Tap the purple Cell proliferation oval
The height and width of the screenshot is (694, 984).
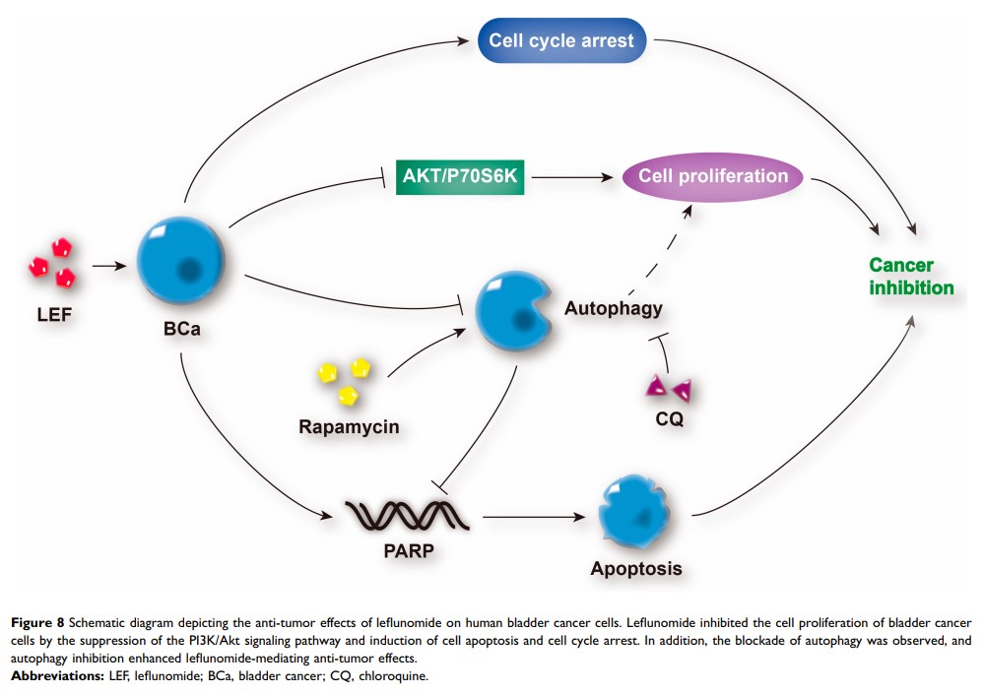pos(714,177)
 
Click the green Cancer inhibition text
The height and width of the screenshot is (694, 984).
pos(910,277)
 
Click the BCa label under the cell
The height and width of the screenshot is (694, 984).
pos(182,329)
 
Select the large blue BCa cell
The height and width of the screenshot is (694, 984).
pos(181,256)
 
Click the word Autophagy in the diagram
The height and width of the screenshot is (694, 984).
pos(613,308)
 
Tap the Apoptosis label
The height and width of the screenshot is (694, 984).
pos(635,568)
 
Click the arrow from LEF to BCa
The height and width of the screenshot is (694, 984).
pos(108,265)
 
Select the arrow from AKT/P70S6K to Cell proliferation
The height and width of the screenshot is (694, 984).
pos(569,178)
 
